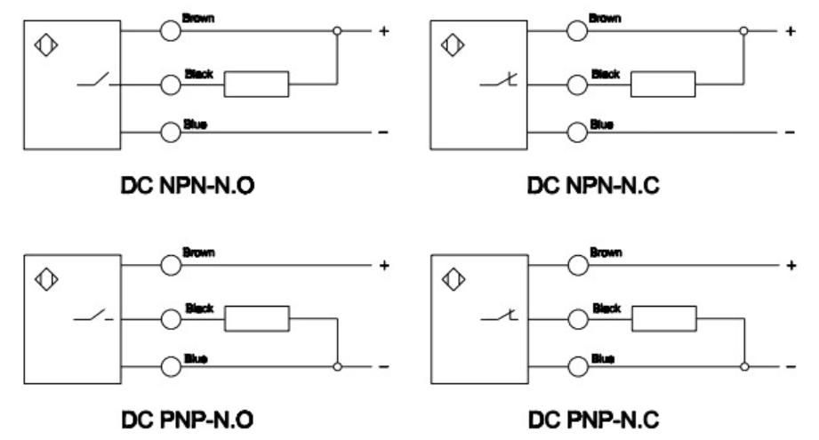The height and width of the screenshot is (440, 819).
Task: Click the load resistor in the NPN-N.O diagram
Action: (256, 84)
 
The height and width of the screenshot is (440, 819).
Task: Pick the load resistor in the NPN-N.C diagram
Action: (663, 84)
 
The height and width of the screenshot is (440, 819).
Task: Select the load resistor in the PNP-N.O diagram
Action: (256, 317)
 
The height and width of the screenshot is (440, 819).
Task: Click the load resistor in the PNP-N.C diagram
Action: (662, 317)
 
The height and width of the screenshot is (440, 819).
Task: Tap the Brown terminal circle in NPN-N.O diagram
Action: (170, 31)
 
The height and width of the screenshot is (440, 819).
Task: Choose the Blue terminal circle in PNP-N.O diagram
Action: (170, 365)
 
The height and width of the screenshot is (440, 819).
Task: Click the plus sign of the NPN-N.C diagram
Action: (788, 31)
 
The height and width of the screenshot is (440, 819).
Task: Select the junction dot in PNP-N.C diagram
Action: (744, 365)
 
